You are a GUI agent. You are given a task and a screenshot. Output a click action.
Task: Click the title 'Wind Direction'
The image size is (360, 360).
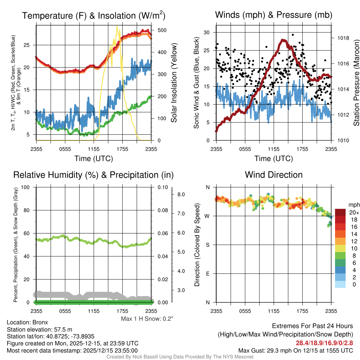pos(274,175)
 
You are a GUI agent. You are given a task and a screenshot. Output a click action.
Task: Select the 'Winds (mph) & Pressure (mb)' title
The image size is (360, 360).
pos(274,15)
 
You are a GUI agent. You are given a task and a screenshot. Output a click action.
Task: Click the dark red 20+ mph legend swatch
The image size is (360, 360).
pos(341,212)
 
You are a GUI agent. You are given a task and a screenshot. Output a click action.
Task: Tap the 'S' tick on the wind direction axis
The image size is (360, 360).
pos(208,245)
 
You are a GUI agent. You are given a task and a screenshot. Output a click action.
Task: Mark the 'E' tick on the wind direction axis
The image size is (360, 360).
pos(208,274)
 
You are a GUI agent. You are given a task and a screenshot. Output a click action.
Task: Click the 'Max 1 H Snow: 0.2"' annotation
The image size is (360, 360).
pos(147,319)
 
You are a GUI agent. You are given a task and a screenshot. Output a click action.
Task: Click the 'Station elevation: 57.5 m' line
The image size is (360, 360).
pos(39,329)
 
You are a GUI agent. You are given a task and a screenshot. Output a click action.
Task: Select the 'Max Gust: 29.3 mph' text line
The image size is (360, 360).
pos(295,350)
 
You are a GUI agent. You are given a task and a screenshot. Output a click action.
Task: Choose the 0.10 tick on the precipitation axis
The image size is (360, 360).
pos(162,187)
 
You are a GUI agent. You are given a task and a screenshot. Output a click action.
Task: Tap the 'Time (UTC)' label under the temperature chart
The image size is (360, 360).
pos(94,159)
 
